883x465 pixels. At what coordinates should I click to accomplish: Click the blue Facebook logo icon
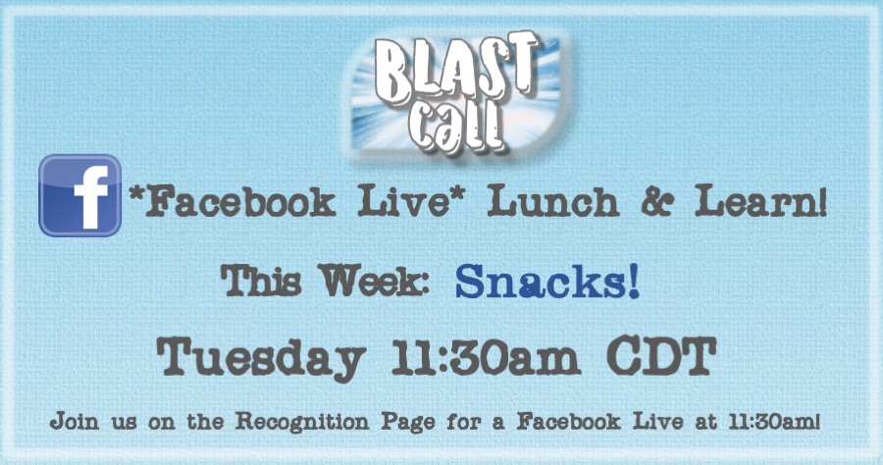(80, 195)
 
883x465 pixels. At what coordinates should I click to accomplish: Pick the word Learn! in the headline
(760, 201)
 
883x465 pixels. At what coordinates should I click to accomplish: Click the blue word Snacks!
(546, 282)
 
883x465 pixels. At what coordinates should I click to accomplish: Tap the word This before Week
(261, 280)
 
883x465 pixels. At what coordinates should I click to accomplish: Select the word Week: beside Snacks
(375, 280)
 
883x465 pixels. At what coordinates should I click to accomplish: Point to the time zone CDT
(661, 356)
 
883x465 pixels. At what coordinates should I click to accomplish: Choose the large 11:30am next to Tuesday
(486, 357)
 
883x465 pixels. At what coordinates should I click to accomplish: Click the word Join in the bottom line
(74, 422)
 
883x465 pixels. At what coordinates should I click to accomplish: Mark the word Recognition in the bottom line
(302, 421)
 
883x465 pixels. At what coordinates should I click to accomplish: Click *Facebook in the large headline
(232, 201)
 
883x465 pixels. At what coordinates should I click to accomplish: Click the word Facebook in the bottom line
(569, 421)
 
